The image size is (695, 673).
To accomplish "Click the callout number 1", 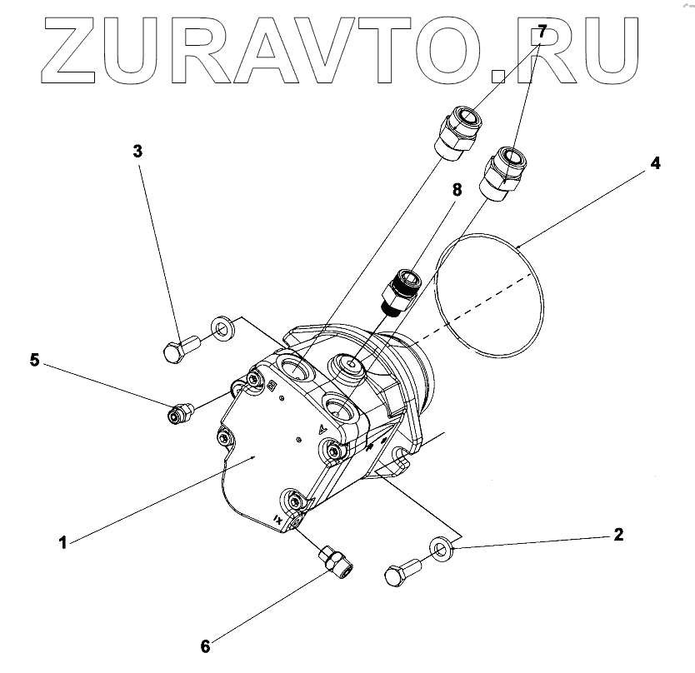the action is pyautogui.click(x=62, y=543).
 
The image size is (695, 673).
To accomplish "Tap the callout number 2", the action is pyautogui.click(x=617, y=535).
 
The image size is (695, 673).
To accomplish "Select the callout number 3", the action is pyautogui.click(x=138, y=151).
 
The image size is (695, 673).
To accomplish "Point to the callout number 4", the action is pyautogui.click(x=655, y=163).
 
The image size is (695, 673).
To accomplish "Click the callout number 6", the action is pyautogui.click(x=205, y=644).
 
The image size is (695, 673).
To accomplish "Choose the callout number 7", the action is pyautogui.click(x=542, y=33).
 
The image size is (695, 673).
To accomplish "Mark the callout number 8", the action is pyautogui.click(x=457, y=189).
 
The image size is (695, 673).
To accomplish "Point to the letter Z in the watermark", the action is pyautogui.click(x=82, y=55).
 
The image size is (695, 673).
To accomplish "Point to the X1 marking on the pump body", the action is pyautogui.click(x=276, y=519).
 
